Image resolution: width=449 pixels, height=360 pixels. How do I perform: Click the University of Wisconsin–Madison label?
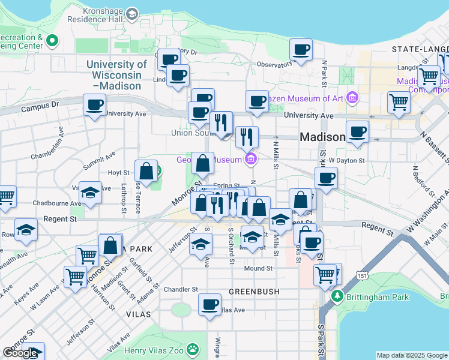click(116, 75)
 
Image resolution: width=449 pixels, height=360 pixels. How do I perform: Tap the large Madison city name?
click(322, 137)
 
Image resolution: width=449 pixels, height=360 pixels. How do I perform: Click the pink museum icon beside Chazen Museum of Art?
click(352, 97)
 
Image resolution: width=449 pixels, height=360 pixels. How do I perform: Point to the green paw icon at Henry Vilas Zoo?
click(193, 349)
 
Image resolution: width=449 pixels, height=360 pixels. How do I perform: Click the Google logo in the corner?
click(20, 353)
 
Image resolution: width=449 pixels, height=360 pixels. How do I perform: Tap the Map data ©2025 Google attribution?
click(412, 355)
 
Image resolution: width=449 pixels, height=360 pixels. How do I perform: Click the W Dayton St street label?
click(346, 160)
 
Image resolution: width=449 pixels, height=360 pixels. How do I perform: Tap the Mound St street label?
click(258, 268)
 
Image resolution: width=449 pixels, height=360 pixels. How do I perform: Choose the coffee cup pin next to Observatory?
click(301, 50)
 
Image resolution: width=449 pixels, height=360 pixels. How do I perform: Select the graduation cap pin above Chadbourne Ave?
click(90, 193)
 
